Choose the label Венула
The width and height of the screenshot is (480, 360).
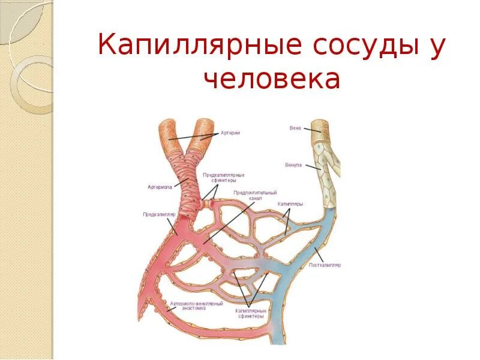293,165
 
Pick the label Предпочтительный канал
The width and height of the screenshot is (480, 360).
255,196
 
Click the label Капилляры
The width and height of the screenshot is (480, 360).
290,204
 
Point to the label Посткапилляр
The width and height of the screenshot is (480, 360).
325,265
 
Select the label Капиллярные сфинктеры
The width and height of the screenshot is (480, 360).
250,314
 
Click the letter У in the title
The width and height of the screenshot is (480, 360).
436,46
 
